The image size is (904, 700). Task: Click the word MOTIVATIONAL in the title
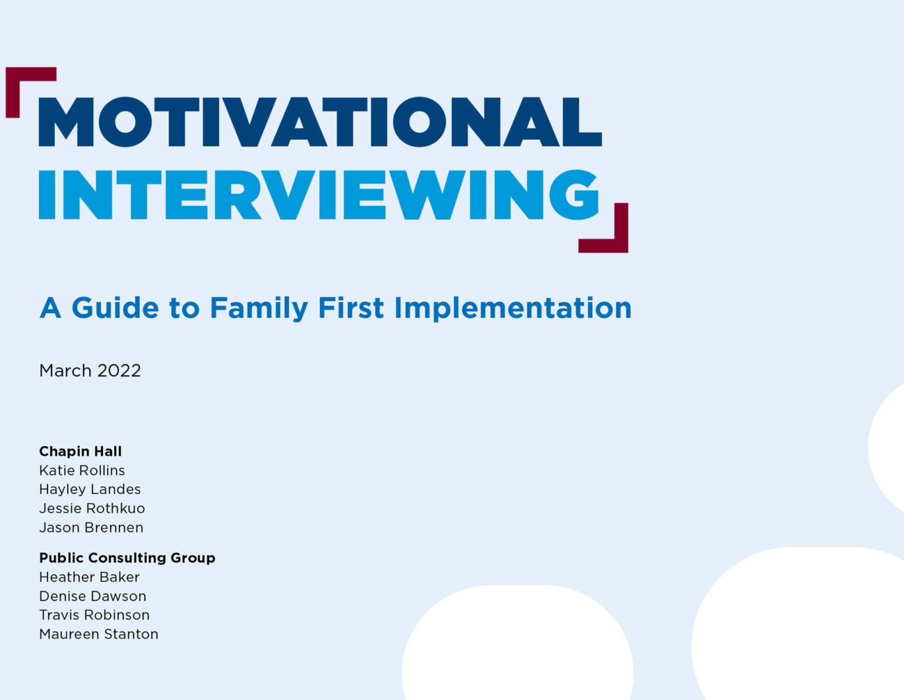(320, 122)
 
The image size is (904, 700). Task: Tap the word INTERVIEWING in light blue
(319, 195)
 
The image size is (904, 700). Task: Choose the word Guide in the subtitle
(115, 308)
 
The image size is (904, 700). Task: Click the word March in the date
(65, 371)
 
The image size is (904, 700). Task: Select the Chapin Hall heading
(81, 451)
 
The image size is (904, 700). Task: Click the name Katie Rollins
(82, 470)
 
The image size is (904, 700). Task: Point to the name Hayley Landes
(90, 489)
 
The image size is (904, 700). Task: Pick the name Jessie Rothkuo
(92, 508)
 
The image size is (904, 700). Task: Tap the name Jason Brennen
(91, 527)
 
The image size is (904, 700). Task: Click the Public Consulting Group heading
(127, 558)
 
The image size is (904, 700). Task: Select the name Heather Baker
(90, 577)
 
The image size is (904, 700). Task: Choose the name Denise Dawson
(93, 596)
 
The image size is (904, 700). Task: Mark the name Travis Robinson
(94, 615)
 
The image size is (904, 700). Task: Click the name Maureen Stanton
(98, 634)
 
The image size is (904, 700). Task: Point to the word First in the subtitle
(350, 308)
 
